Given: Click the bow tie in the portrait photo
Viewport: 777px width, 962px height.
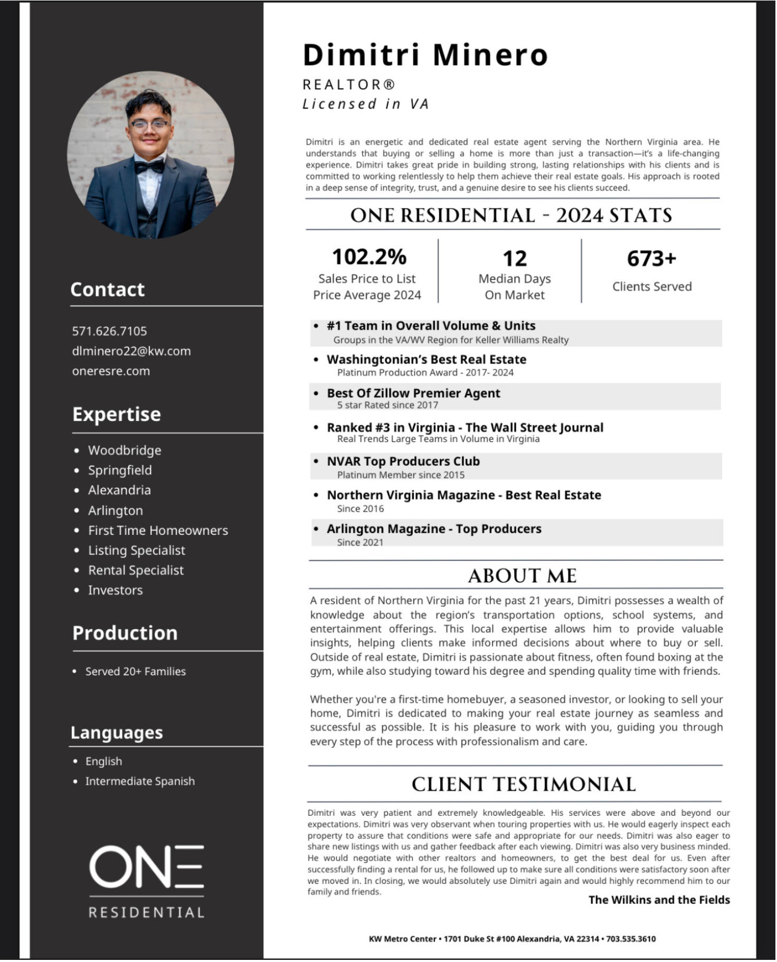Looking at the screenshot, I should click(x=149, y=166).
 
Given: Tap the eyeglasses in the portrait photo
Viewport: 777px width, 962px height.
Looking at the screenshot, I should click(x=149, y=125).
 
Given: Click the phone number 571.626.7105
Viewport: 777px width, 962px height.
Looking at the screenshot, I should click(x=109, y=331).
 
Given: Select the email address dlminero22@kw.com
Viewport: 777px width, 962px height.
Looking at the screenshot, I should click(x=131, y=351).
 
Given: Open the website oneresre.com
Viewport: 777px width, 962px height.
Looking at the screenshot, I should click(x=111, y=371).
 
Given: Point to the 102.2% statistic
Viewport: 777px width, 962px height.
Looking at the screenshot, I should click(x=369, y=257).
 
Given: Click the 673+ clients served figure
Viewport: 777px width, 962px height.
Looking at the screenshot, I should click(x=651, y=259).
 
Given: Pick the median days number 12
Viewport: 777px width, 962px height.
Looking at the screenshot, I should click(x=515, y=259).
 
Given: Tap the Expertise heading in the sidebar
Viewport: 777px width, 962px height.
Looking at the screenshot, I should click(x=117, y=414).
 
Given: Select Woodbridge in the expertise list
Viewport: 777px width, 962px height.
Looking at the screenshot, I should click(x=125, y=450).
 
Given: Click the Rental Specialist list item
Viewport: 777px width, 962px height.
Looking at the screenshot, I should click(x=136, y=570).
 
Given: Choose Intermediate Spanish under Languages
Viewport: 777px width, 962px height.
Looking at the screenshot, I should click(x=140, y=781).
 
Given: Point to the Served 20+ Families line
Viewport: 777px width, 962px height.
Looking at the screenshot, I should click(x=136, y=672).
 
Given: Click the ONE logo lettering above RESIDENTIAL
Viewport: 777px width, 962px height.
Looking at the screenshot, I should click(x=146, y=866).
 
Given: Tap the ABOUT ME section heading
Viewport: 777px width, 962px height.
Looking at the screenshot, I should click(x=522, y=576).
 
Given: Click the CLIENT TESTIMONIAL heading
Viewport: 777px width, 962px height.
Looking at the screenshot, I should click(x=524, y=785).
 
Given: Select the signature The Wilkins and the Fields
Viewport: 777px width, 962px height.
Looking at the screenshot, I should click(x=659, y=900).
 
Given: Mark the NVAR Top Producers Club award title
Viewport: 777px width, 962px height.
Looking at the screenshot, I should click(x=403, y=461).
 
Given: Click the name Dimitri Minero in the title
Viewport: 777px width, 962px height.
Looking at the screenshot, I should click(x=425, y=55).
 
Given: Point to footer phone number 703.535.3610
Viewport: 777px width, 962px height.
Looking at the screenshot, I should click(x=631, y=939).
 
